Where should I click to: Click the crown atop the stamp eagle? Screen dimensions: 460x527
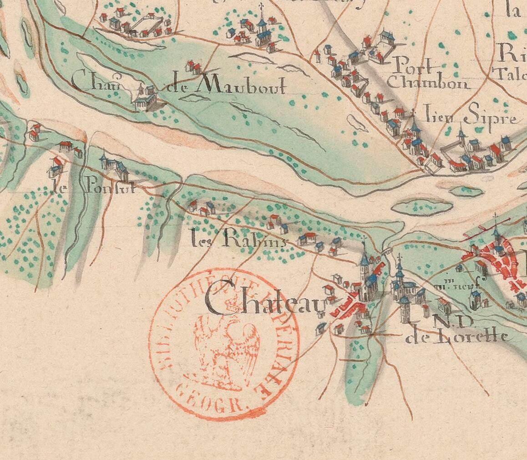click(x=232, y=301)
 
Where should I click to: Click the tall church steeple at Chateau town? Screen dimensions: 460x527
click(x=365, y=264)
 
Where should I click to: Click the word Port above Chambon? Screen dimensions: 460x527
click(x=412, y=65)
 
